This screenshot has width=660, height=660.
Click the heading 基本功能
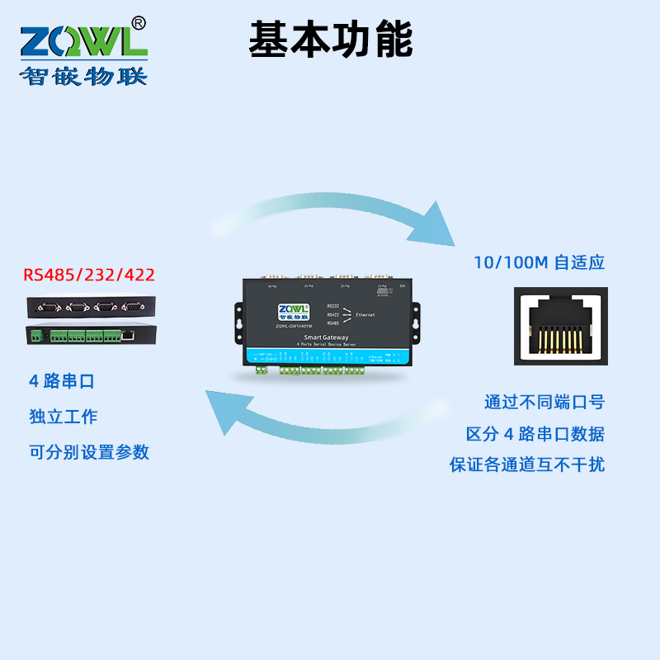(x=330, y=39)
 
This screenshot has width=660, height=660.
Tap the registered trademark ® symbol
(x=139, y=23)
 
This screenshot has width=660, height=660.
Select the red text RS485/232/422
(x=89, y=275)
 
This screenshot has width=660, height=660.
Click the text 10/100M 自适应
(x=539, y=263)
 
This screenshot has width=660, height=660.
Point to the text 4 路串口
(x=62, y=381)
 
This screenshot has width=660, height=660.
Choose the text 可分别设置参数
(x=88, y=452)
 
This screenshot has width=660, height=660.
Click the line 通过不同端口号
(x=544, y=403)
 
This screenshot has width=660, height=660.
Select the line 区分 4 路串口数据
(x=535, y=434)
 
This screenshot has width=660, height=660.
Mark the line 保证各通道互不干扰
(x=527, y=464)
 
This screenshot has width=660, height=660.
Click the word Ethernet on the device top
(x=365, y=315)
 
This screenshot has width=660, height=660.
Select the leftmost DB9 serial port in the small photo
(x=49, y=307)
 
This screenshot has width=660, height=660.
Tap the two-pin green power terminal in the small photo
(x=35, y=337)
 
